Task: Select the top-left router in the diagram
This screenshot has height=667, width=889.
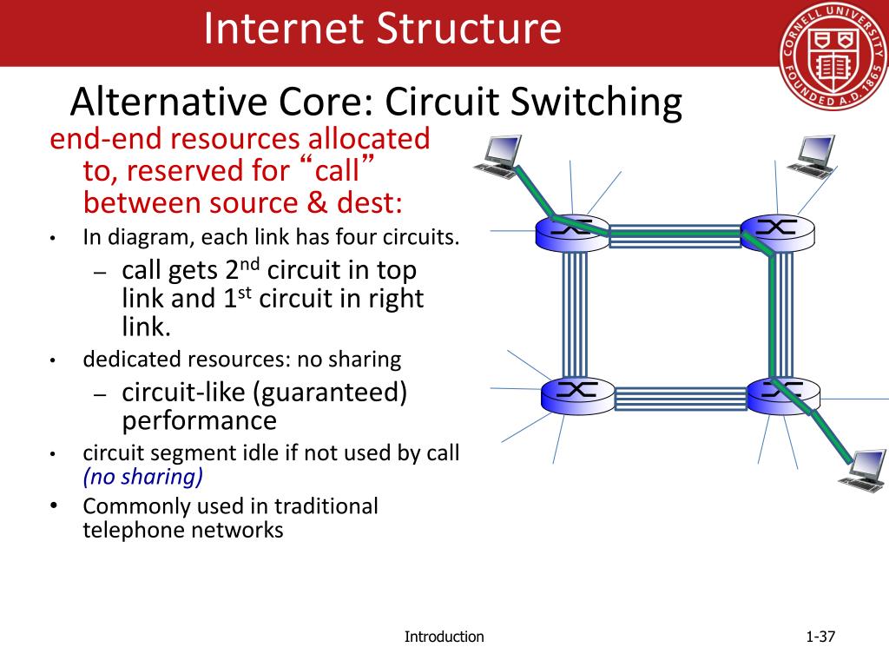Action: tap(572, 230)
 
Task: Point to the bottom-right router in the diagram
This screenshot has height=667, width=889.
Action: tap(780, 393)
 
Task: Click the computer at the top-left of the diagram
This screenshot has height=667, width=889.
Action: tap(498, 157)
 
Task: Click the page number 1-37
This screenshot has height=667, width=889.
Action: tap(820, 637)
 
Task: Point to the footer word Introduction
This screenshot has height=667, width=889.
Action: tap(444, 637)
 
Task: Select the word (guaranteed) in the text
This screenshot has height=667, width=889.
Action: tap(330, 393)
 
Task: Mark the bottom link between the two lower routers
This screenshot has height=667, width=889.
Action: tap(677, 399)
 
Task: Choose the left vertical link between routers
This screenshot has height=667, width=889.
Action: tap(575, 313)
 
